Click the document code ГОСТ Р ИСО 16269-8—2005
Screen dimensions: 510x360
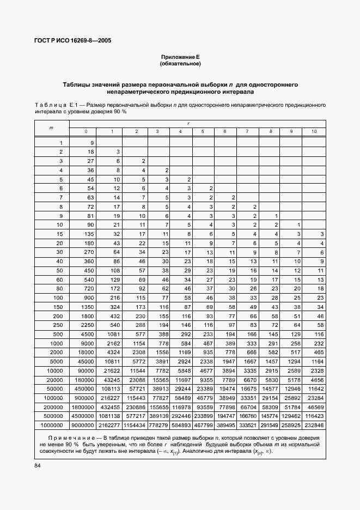(74, 40)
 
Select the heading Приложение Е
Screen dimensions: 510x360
(180, 57)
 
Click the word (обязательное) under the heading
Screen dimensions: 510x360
(180, 64)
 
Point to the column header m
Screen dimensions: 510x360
(51, 127)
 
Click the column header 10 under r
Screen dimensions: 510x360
(314, 131)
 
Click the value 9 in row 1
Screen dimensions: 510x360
(92, 143)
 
